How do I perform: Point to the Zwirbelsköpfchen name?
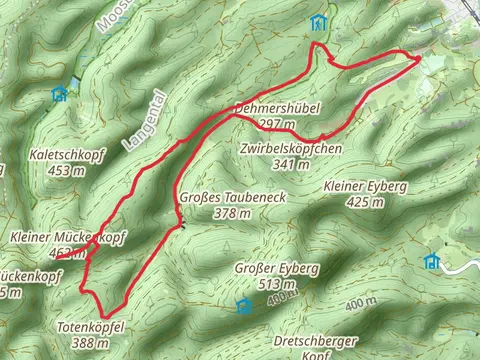click(x=291, y=148)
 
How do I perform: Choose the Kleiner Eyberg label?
click(x=364, y=187)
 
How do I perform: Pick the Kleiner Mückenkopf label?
click(x=68, y=238)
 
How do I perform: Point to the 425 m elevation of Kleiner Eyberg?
click(x=364, y=202)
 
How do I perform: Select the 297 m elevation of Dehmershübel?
click(x=277, y=123)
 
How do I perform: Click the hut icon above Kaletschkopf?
click(x=58, y=93)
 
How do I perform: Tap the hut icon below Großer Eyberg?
click(x=242, y=305)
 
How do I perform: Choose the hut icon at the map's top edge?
click(x=318, y=21)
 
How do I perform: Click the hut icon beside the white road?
click(x=432, y=261)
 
